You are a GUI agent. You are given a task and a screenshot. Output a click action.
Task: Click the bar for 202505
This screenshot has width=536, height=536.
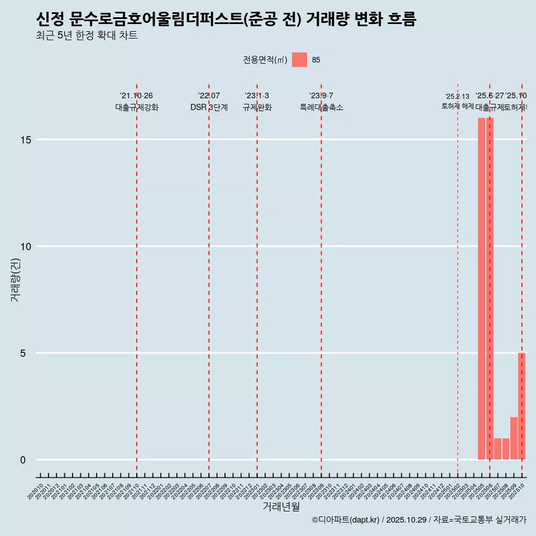481,289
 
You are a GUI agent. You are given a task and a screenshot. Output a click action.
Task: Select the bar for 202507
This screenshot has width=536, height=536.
497,449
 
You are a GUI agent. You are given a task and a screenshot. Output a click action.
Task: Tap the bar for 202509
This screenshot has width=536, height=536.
514,438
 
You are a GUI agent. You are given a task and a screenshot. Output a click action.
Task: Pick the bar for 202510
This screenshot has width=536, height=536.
521,406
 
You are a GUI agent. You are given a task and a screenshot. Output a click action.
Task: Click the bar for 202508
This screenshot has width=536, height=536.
505,449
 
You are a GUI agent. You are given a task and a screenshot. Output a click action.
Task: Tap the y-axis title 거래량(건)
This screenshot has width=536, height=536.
16,279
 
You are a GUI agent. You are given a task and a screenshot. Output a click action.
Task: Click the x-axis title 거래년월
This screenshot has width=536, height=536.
281,507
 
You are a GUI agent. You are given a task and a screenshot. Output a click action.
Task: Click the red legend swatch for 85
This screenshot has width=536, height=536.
299,60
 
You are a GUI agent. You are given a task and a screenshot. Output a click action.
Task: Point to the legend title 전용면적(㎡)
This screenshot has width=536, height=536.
265,60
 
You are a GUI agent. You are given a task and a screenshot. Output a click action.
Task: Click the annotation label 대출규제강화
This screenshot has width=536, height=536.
137,107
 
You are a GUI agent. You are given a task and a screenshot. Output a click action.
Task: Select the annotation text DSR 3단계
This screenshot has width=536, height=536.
209,107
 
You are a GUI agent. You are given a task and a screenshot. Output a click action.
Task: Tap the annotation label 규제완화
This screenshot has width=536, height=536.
257,107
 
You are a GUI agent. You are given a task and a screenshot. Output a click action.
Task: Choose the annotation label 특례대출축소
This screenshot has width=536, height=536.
321,107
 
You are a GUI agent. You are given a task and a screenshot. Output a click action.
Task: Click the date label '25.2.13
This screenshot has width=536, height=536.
457,97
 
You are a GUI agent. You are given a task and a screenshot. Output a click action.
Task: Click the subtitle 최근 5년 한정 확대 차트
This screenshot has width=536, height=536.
87,36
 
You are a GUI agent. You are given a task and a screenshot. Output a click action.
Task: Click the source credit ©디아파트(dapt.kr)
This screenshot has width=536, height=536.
346,520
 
